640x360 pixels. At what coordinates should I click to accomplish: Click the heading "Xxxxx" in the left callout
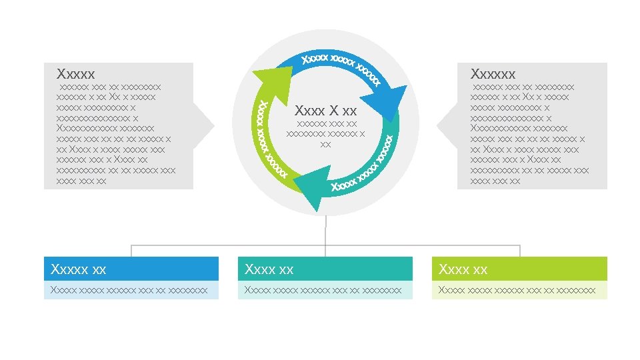pos(76,73)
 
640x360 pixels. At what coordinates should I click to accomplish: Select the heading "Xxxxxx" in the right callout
pos(493,73)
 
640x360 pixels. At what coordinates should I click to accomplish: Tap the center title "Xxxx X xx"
pos(325,110)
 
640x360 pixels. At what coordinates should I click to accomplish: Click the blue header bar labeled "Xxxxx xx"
pos(131,269)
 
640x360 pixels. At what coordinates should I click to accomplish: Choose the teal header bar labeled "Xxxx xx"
pos(325,269)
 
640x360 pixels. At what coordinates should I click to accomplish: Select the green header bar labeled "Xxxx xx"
pos(519,269)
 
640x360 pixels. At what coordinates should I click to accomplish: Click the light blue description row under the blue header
pos(131,290)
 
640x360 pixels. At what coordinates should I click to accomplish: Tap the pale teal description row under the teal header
pos(325,290)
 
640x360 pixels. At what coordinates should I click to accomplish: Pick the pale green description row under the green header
pos(519,290)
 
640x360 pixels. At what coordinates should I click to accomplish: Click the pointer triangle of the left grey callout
pos(203,125)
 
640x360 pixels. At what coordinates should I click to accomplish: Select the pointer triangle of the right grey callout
pos(447,125)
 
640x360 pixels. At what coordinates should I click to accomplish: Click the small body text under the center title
pos(325,133)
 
